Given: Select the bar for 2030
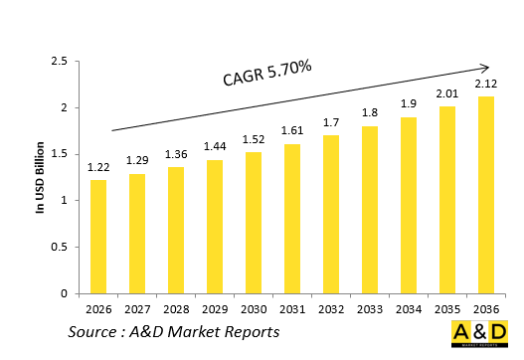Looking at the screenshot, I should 253,223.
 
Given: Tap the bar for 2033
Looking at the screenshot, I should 369,210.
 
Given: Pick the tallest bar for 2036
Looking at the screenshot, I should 485,195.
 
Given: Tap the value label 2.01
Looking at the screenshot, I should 446,95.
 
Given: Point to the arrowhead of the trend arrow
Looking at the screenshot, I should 487,69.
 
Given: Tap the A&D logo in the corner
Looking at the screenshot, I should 479,336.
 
